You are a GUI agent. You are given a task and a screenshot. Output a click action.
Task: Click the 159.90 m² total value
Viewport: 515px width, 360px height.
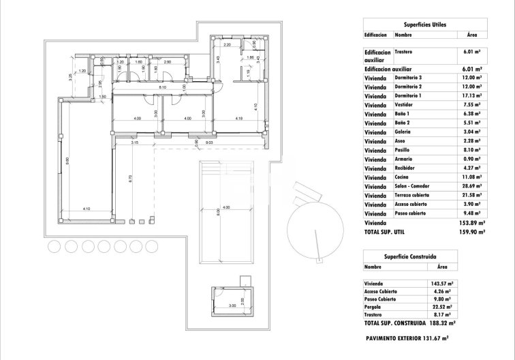[471, 232]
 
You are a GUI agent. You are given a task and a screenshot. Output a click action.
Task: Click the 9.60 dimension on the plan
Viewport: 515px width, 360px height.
[67, 161]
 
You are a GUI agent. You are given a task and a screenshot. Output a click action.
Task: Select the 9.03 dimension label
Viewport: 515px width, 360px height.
[209, 142]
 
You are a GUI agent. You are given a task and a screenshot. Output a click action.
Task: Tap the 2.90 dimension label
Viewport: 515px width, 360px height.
[168, 61]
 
